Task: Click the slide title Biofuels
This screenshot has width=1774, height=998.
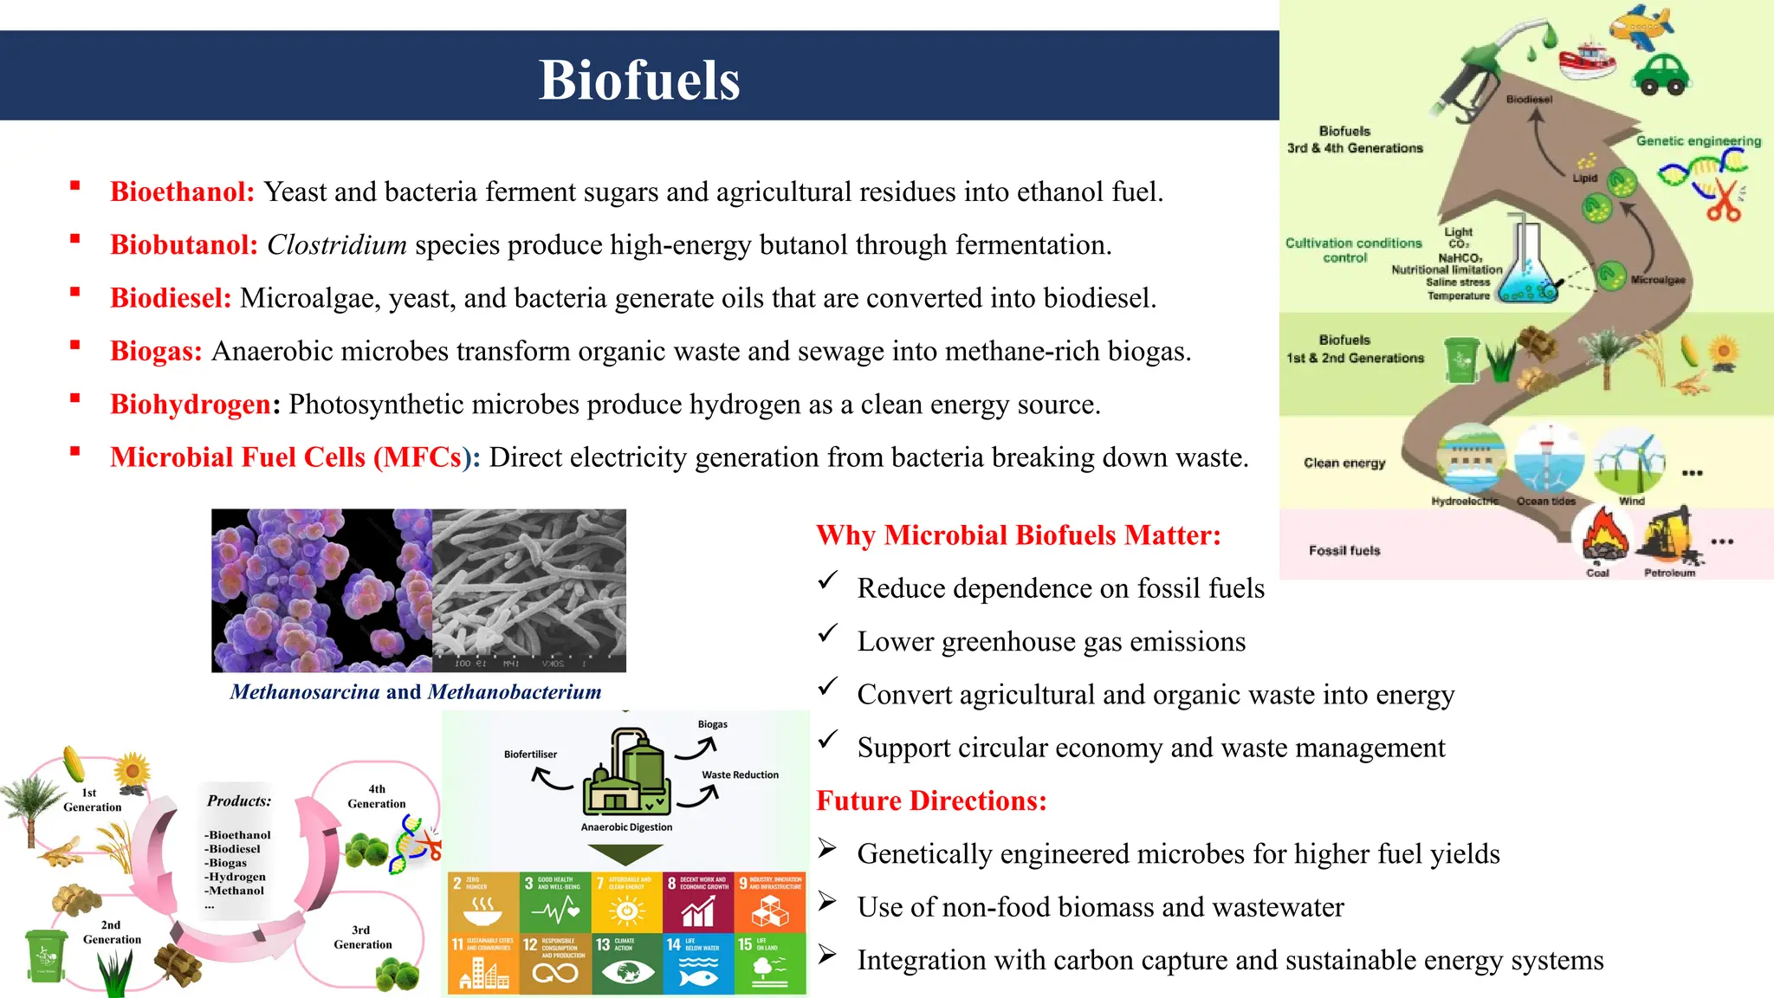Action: [639, 80]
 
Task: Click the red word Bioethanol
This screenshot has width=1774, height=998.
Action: [182, 191]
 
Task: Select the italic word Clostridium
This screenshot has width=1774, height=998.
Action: [337, 245]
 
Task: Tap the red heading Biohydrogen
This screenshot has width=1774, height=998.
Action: [191, 405]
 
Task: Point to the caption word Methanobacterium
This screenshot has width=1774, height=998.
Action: [515, 692]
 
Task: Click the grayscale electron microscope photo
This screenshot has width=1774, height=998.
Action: [528, 589]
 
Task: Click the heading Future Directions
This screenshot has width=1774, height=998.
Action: [931, 800]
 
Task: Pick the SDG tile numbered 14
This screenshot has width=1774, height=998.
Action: [698, 963]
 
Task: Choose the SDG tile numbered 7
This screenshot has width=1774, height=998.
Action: [627, 902]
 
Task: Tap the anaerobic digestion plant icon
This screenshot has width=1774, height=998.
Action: [626, 773]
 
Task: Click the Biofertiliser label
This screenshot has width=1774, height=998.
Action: [530, 755]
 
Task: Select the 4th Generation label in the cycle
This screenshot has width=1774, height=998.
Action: [376, 796]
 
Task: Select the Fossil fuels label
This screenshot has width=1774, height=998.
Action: [1344, 551]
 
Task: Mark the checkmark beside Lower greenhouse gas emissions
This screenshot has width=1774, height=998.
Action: [828, 634]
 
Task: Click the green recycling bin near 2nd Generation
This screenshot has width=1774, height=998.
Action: [45, 956]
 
